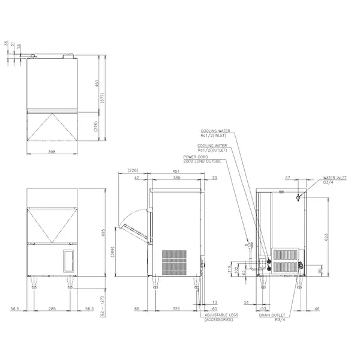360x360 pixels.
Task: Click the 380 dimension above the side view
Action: click(176, 178)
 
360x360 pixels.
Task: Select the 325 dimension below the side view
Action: click(176, 309)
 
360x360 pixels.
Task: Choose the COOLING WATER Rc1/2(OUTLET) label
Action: click(212, 147)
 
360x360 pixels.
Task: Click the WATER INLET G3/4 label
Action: click(335, 180)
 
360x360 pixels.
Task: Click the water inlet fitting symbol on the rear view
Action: click(298, 197)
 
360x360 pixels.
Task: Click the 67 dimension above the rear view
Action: click(288, 178)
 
